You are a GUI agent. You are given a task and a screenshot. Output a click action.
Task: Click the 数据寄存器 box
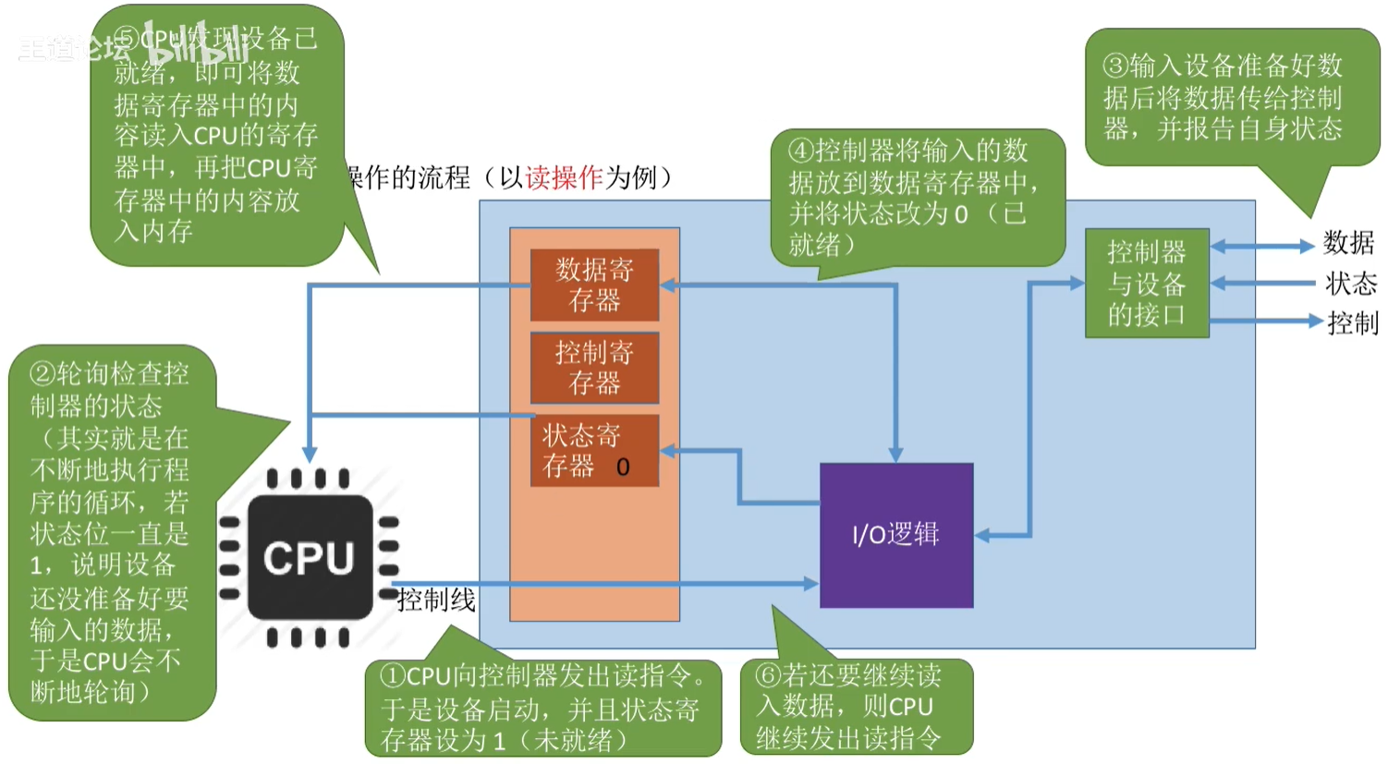(x=594, y=285)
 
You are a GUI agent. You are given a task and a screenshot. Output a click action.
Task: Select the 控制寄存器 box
(x=594, y=368)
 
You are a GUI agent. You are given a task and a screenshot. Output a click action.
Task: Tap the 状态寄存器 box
(x=594, y=450)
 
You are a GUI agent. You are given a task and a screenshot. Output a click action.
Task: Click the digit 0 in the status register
(x=623, y=467)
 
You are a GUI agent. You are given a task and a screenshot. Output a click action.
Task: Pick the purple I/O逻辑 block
(x=895, y=535)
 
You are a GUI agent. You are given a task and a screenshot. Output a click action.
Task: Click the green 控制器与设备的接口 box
(x=1146, y=283)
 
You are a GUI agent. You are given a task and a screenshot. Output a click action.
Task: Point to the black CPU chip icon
(x=310, y=558)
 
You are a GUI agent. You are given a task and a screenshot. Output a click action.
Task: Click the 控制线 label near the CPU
(x=435, y=601)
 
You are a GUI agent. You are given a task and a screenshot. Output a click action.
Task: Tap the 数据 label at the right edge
(x=1348, y=243)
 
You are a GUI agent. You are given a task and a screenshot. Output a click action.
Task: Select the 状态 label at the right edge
(x=1350, y=283)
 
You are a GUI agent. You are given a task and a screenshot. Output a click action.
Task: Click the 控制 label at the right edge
(x=1352, y=323)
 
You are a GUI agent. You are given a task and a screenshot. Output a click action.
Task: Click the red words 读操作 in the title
(x=564, y=177)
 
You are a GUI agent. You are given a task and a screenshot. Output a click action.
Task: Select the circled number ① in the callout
(x=393, y=676)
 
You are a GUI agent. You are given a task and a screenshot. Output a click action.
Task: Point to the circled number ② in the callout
(x=43, y=374)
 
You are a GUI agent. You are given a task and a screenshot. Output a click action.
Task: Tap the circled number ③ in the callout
(x=1115, y=66)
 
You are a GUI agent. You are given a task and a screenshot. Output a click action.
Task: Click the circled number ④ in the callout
(x=800, y=151)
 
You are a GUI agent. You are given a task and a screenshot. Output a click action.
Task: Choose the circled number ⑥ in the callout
(x=768, y=675)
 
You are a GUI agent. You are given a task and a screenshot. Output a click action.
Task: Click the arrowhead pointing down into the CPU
(x=310, y=455)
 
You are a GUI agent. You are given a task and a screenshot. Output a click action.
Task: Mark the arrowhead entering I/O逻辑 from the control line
(x=811, y=584)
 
